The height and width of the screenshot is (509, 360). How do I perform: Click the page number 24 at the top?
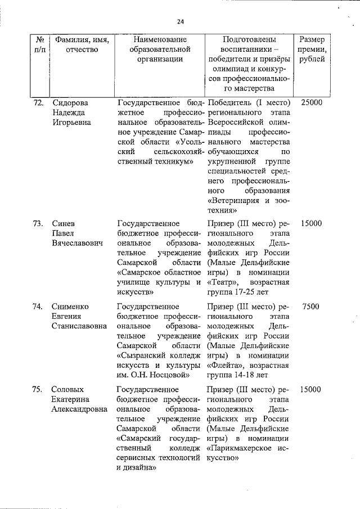pyautogui.click(x=180, y=22)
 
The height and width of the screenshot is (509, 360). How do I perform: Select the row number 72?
pyautogui.click(x=38, y=103)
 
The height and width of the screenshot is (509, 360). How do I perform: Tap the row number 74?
pyautogui.click(x=38, y=307)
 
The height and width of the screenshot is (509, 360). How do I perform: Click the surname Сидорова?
pyautogui.click(x=70, y=103)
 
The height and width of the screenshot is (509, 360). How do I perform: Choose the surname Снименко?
pyautogui.click(x=70, y=307)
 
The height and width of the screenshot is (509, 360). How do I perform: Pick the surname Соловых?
pyautogui.click(x=68, y=389)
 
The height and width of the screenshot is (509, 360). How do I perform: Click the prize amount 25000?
pyautogui.click(x=311, y=103)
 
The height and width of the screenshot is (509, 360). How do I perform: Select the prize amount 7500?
pyautogui.click(x=311, y=307)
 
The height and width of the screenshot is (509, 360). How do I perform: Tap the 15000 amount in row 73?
pyautogui.click(x=311, y=223)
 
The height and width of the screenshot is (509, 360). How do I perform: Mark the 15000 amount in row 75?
pyautogui.click(x=311, y=389)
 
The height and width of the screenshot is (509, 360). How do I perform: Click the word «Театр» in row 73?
pyautogui.click(x=222, y=282)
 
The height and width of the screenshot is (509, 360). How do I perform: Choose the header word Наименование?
pyautogui.click(x=159, y=40)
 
